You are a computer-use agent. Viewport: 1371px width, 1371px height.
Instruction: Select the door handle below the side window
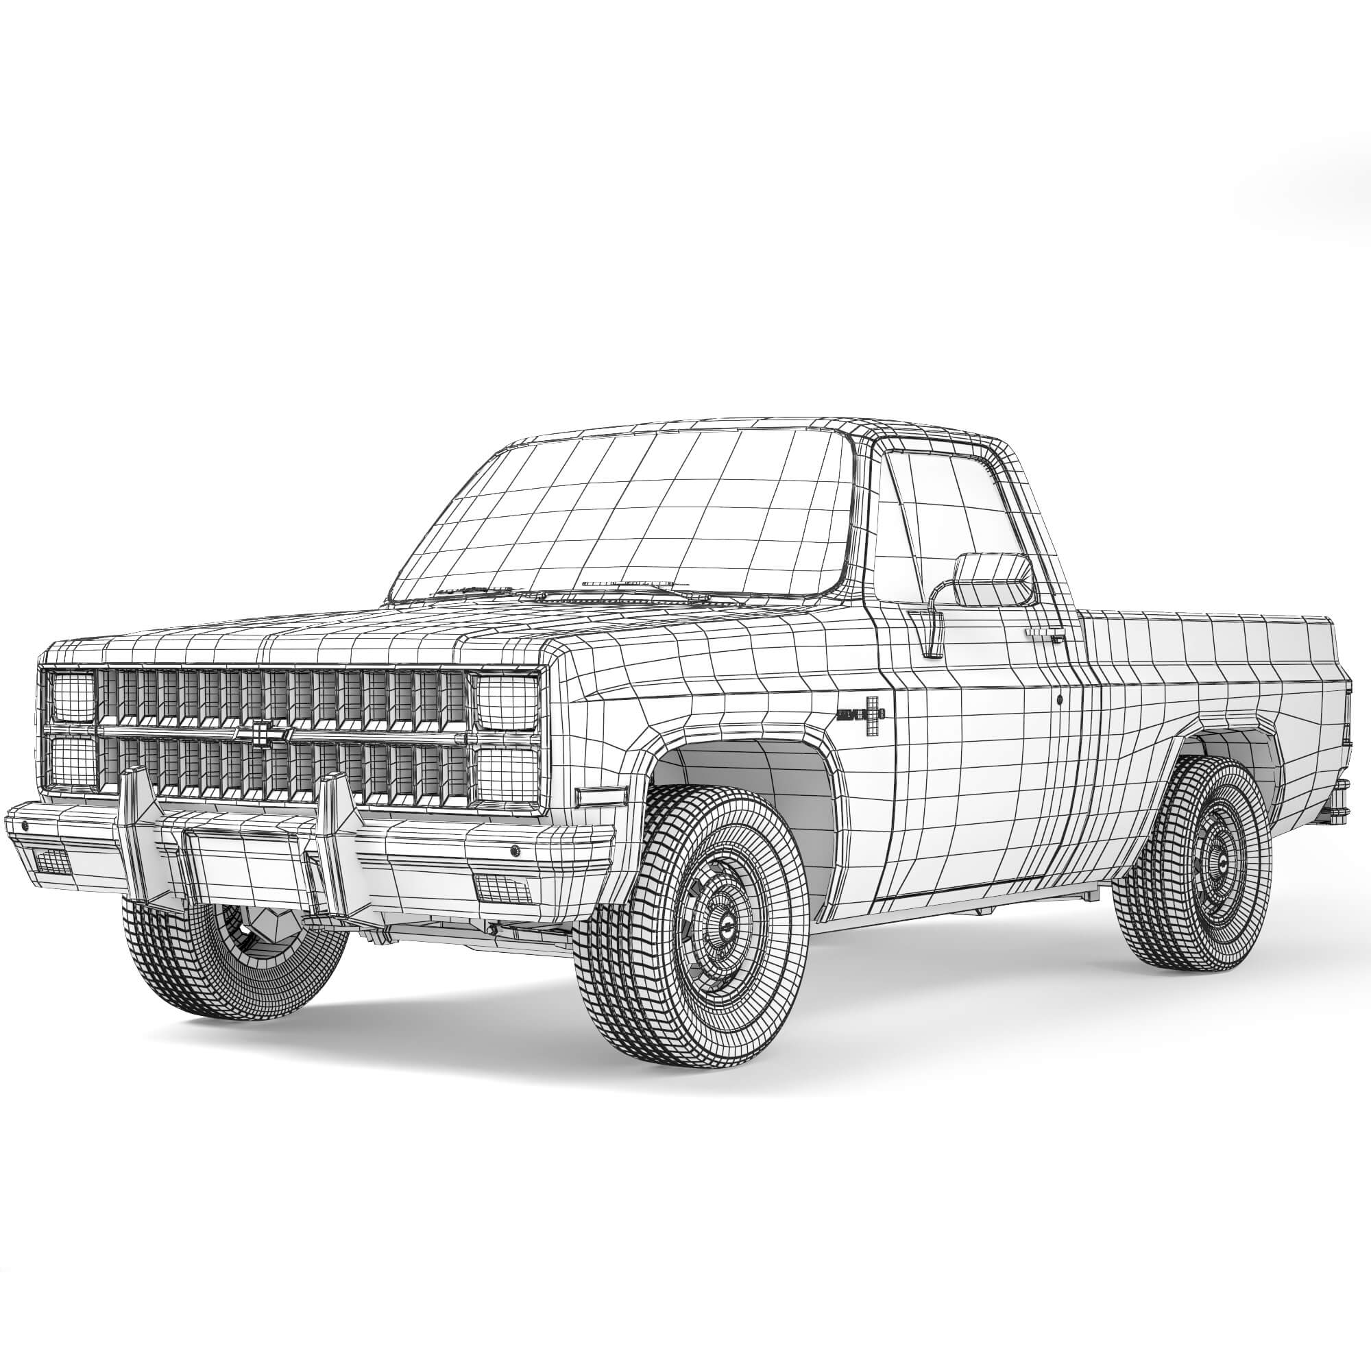(x=1044, y=631)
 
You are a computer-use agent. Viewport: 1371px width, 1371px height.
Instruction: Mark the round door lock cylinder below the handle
(x=1060, y=700)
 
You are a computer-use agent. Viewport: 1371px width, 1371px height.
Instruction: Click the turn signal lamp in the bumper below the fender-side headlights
(x=500, y=887)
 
